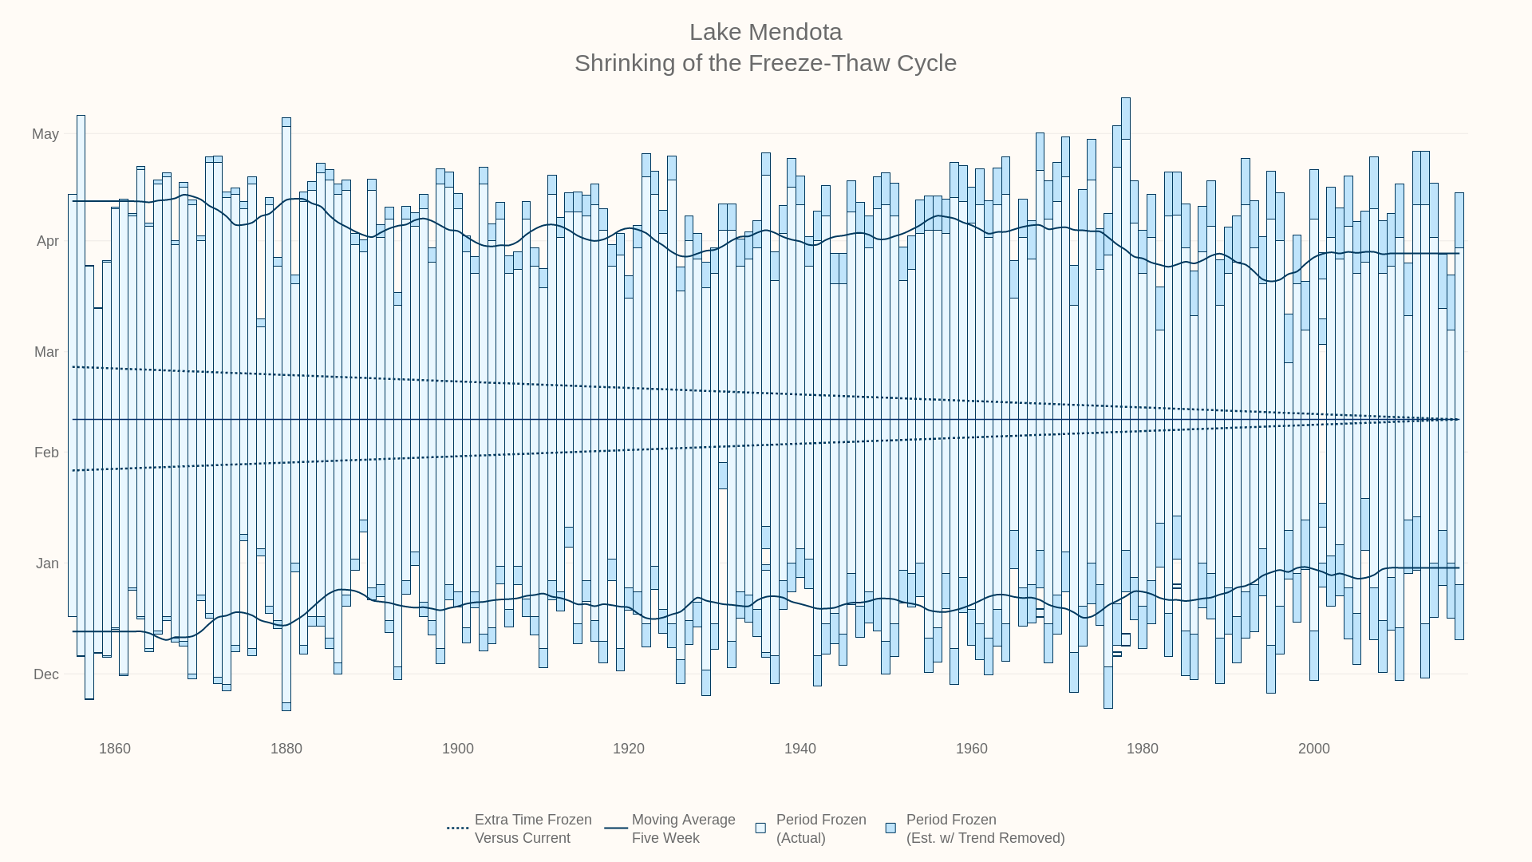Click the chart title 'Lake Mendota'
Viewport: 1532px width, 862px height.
point(765,32)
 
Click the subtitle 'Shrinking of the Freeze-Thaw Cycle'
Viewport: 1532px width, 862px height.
point(765,63)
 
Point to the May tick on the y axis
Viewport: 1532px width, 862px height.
point(45,134)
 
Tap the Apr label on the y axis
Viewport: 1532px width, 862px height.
point(48,241)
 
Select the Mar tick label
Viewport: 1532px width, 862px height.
point(46,352)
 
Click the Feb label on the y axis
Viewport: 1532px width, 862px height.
point(46,453)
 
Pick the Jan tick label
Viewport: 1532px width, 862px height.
point(47,563)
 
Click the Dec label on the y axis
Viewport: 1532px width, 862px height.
point(46,674)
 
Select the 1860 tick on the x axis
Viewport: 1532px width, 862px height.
point(115,749)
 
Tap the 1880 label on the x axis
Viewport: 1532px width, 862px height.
point(286,749)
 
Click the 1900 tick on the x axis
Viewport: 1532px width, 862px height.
point(458,749)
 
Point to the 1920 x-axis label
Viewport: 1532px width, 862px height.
point(629,749)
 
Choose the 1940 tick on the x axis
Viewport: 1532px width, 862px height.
point(800,749)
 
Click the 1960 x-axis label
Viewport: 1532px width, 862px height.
point(972,749)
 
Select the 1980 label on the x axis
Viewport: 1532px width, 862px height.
point(1143,749)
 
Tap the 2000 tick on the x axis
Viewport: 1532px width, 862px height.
point(1314,749)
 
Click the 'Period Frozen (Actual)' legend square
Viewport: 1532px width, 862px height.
point(760,828)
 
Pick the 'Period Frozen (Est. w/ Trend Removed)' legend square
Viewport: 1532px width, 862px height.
point(890,828)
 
